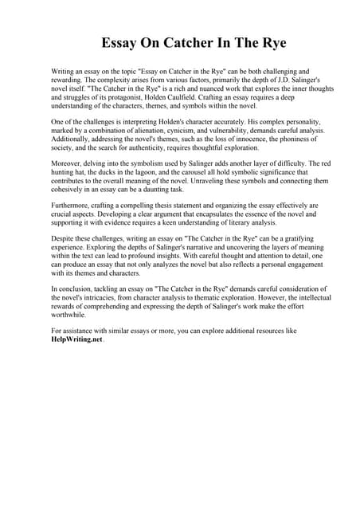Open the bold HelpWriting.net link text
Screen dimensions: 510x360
(76, 339)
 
